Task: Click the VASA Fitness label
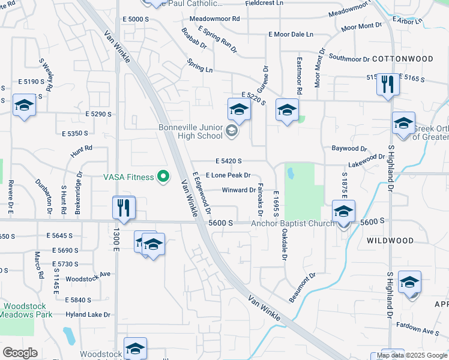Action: [x=127, y=176]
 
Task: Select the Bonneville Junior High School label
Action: [x=190, y=131]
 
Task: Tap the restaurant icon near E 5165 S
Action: [x=387, y=84]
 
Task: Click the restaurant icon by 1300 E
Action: [x=124, y=208]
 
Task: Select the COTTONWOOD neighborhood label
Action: [x=402, y=59]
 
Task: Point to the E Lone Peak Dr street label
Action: [x=228, y=175]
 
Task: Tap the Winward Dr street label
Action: [x=239, y=190]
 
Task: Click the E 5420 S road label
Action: [x=228, y=161]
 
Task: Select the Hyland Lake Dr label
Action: [x=88, y=314]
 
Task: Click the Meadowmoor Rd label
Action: [x=214, y=19]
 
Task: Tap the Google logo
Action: [x=20, y=353]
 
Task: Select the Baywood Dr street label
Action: [x=349, y=148]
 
